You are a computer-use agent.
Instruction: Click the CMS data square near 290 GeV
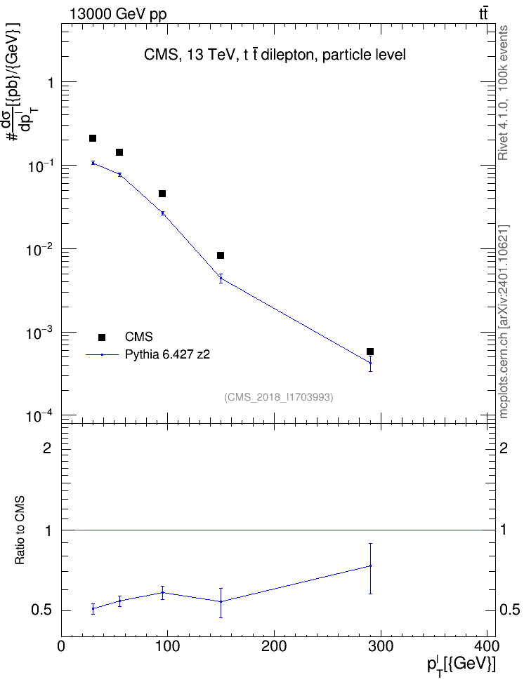click(370, 352)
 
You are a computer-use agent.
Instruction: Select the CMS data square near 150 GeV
click(221, 255)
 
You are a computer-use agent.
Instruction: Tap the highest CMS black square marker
click(92, 138)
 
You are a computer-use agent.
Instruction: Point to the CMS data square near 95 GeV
click(162, 194)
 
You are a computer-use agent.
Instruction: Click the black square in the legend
click(102, 337)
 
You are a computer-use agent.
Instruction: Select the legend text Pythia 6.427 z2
click(167, 355)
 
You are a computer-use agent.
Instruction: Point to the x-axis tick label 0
click(61, 647)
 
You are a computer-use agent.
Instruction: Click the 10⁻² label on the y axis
click(40, 250)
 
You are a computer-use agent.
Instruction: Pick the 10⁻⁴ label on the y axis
click(40, 417)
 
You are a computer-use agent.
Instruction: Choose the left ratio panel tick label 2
click(47, 448)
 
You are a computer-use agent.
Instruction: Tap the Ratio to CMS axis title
click(20, 530)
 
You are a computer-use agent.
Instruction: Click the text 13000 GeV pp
click(118, 15)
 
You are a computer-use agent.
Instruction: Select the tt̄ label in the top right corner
click(483, 14)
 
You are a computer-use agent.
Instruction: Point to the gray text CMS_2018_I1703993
click(279, 397)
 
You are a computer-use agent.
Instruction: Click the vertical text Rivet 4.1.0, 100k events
click(503, 93)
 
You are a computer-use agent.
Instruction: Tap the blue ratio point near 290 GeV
click(370, 566)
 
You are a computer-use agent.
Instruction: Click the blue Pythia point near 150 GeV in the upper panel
click(221, 279)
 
